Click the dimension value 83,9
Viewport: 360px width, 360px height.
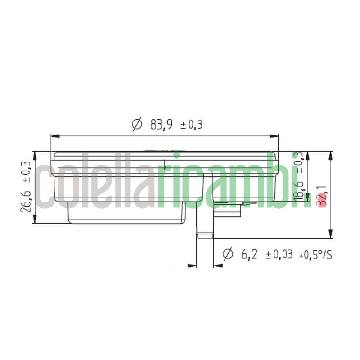coord(161,125)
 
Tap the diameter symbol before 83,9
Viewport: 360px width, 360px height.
coord(137,124)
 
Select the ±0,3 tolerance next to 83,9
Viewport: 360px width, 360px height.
coord(191,125)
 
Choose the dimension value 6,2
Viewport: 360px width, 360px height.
coord(249,255)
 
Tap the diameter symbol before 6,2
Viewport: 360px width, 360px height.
coord(228,254)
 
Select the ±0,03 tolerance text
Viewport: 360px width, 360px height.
coord(279,255)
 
